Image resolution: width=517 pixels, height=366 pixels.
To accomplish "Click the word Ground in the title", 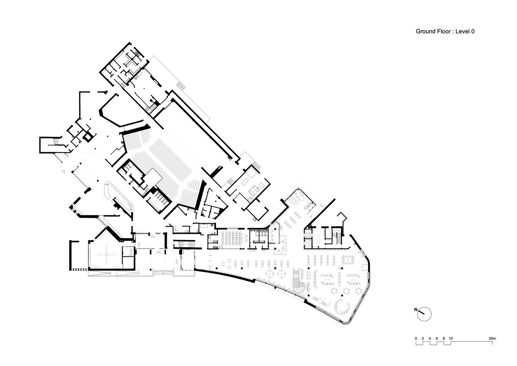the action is click(x=424, y=31).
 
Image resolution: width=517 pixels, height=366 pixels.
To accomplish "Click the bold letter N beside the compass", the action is click(x=416, y=310).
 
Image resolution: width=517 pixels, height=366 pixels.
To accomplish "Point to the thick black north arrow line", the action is click(x=421, y=312).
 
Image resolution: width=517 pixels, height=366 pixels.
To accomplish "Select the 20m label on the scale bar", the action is click(x=492, y=338).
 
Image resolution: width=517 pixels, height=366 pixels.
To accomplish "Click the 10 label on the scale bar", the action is click(x=451, y=338).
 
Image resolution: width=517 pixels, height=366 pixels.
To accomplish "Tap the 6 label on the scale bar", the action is click(x=437, y=338).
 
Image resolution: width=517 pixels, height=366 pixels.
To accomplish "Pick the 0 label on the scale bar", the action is click(x=416, y=338).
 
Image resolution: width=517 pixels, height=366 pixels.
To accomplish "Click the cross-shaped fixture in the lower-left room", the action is click(x=106, y=254).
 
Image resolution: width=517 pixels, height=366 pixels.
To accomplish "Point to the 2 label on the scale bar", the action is click(x=423, y=338).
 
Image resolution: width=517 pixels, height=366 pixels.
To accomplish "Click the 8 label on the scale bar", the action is click(x=444, y=338).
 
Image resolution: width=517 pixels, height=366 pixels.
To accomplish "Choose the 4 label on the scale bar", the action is click(x=430, y=338).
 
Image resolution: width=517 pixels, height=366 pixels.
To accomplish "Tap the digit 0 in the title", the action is click(x=473, y=31).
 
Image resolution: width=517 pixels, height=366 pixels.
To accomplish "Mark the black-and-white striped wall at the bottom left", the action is click(x=79, y=269).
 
